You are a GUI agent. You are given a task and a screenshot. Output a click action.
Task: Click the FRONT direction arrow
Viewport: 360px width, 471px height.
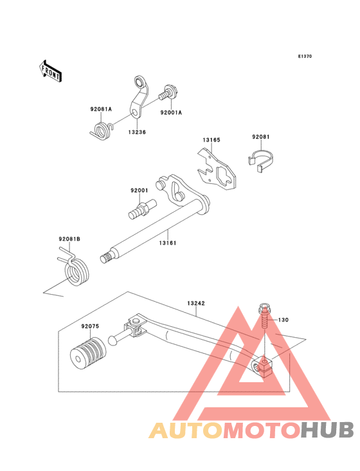click(x=50, y=71)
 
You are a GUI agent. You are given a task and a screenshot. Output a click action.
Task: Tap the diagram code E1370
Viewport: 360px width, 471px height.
click(x=305, y=56)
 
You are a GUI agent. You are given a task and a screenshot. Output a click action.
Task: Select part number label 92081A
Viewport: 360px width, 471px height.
click(x=101, y=109)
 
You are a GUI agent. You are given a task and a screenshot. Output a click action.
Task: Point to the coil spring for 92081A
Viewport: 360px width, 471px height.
click(x=102, y=131)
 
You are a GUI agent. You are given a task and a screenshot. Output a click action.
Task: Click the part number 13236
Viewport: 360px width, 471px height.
click(x=137, y=132)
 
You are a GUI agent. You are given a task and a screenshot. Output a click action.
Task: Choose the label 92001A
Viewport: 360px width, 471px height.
click(x=171, y=113)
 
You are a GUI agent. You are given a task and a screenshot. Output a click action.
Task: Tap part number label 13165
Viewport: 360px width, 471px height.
click(x=212, y=140)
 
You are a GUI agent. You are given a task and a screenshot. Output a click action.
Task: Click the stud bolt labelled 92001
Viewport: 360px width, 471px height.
click(x=141, y=209)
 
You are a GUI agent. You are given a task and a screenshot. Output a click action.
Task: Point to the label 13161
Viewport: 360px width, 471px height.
click(x=168, y=243)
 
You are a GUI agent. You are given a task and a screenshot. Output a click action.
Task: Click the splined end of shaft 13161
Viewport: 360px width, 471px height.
click(x=105, y=258)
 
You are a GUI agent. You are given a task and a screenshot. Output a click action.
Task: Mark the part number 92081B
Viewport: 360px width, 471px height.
click(x=69, y=239)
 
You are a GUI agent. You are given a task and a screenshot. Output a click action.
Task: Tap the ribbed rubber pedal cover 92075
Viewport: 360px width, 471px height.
click(x=88, y=353)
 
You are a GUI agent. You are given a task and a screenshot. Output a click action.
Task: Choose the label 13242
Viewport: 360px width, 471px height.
click(x=196, y=304)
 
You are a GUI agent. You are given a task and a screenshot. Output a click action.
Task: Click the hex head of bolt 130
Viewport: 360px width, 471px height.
click(x=264, y=308)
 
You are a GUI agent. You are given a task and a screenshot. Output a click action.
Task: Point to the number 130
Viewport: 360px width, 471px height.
click(x=283, y=320)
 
